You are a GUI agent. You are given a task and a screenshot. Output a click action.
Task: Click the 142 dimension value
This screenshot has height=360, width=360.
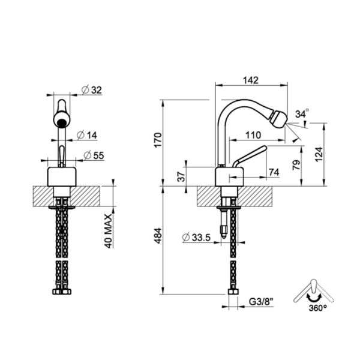click(x=251, y=80)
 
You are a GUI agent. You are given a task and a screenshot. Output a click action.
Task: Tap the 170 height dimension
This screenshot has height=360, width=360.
click(x=158, y=140)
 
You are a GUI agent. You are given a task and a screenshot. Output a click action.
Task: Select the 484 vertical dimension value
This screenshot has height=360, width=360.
click(x=158, y=236)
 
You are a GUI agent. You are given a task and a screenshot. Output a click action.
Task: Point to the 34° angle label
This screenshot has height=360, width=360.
click(x=302, y=113)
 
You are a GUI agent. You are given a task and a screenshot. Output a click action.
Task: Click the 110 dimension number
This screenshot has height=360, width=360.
click(x=253, y=135)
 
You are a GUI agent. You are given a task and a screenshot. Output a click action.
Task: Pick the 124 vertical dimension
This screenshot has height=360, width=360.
click(x=319, y=155)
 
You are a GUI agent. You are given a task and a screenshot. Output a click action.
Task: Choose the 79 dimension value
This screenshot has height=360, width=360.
click(x=296, y=164)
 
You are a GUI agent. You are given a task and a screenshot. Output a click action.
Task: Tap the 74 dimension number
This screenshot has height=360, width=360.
click(x=274, y=172)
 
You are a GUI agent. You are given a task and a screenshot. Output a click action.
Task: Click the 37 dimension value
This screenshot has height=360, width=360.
click(x=181, y=176)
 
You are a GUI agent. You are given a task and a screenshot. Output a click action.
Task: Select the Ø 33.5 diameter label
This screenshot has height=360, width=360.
click(x=196, y=238)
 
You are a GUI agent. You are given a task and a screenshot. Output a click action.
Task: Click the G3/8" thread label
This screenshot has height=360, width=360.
click(x=261, y=301)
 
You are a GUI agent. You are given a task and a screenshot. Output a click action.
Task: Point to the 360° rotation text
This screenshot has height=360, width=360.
click(x=318, y=308)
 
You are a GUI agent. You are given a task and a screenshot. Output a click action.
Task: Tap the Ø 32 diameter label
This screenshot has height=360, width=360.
click(x=92, y=90)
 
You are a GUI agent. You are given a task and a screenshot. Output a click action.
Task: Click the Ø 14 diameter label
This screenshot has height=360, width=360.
click(x=87, y=135)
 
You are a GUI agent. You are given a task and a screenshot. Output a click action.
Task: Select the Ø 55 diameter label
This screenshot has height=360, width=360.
click(x=94, y=155)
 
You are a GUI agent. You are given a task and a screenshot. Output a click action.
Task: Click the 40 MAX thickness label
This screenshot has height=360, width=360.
click(x=109, y=231)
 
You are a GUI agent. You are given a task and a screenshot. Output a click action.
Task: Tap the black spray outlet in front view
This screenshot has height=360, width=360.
click(x=62, y=123)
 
